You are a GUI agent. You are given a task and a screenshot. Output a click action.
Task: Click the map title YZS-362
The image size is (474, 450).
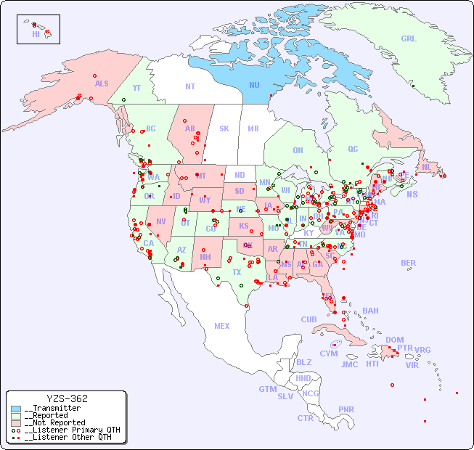tap(67, 398)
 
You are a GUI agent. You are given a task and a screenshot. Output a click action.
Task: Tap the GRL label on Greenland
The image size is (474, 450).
tap(409, 39)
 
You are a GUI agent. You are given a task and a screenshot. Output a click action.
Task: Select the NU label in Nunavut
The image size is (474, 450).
tap(254, 86)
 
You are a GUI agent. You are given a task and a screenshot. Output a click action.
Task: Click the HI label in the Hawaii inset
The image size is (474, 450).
tap(36, 34)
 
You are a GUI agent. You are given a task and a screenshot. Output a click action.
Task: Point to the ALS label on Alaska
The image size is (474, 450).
tap(102, 84)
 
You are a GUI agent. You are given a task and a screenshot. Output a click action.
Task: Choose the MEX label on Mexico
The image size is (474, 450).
tap(222, 326)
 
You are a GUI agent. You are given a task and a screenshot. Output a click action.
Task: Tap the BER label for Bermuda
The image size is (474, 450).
tap(408, 263)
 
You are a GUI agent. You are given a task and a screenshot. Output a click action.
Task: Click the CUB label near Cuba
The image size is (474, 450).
tap(308, 319)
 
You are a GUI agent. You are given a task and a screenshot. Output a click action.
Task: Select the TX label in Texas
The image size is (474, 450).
tap(236, 273)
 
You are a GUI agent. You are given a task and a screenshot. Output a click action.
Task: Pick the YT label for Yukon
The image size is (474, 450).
tap(136, 88)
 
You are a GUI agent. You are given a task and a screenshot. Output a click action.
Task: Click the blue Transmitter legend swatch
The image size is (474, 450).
tap(16, 409)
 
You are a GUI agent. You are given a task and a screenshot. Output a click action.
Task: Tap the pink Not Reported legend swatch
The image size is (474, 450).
tap(16, 422)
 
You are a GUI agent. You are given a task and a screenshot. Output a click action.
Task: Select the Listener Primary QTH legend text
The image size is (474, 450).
tap(72, 430)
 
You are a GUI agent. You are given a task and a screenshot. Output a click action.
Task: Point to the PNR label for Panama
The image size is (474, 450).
tap(346, 409)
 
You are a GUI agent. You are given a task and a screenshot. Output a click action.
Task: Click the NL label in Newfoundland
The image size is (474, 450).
tap(426, 167)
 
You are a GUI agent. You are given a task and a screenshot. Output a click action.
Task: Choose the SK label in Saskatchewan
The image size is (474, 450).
tap(224, 129)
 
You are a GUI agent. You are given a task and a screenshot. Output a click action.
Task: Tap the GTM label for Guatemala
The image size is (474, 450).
tap(267, 389)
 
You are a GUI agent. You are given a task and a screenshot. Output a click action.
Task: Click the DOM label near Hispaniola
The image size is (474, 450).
tap(394, 340)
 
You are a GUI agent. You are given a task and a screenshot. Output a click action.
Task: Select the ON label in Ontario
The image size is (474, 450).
tap(298, 151)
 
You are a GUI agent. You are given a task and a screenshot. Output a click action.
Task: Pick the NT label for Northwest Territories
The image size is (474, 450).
tap(189, 86)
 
